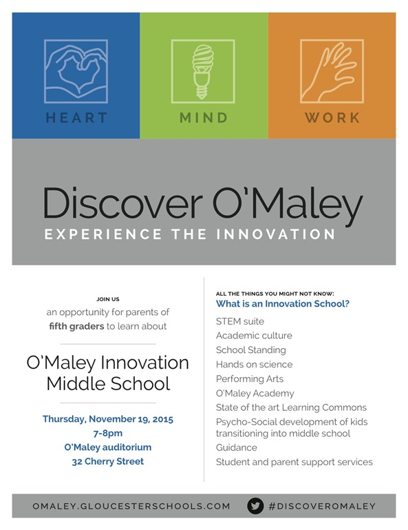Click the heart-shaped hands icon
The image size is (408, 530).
tap(76, 71)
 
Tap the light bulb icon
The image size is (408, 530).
tap(204, 71)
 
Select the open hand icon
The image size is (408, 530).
tap(332, 71)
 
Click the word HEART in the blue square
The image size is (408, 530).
tap(76, 118)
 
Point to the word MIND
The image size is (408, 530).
tap(204, 118)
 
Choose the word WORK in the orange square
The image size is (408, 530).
tap(332, 118)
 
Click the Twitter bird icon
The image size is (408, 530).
tap(255, 506)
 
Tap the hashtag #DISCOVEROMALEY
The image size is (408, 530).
tap(322, 506)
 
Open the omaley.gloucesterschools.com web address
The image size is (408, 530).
tap(131, 506)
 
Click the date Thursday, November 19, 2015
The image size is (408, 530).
tap(108, 419)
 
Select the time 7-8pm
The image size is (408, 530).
tap(108, 433)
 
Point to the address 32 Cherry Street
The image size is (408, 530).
tap(108, 461)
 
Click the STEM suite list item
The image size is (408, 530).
tap(240, 321)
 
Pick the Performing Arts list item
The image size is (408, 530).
tap(250, 379)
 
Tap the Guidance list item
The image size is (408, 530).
tap(237, 447)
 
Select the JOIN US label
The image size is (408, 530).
tap(108, 299)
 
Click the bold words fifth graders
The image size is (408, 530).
tap(76, 326)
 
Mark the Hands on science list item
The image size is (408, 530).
tap(254, 365)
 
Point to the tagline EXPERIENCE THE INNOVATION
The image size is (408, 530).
tap(190, 234)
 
